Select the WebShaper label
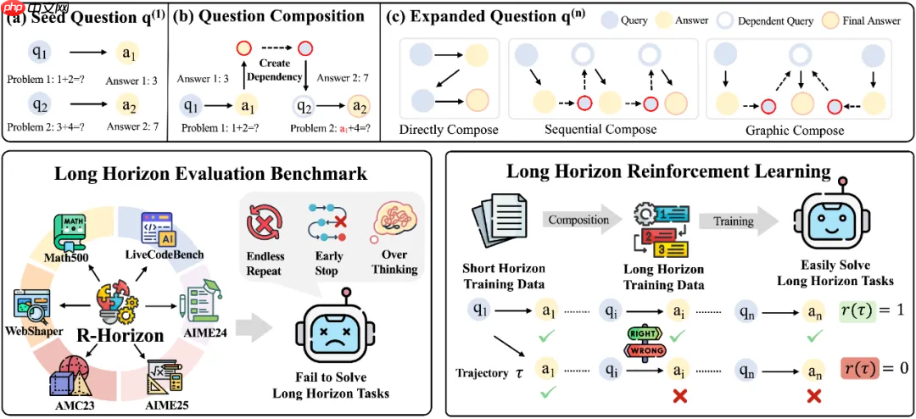(x=32, y=329)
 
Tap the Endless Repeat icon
(x=265, y=224)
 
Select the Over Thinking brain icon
(x=394, y=221)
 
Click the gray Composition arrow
(x=578, y=220)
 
